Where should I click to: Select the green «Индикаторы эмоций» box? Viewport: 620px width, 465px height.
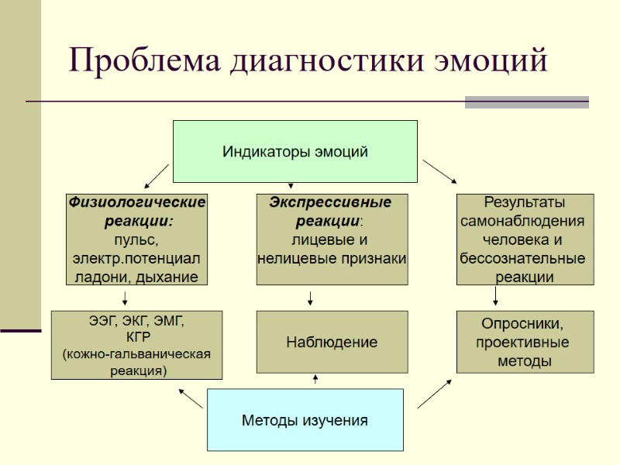pos(294,151)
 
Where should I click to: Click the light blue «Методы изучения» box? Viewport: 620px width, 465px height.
pos(305,420)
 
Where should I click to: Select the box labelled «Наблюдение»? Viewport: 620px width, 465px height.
pos(332,342)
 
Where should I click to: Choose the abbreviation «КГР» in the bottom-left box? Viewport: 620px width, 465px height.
pos(137,337)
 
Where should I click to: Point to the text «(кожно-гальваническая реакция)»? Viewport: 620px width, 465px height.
pos(136,362)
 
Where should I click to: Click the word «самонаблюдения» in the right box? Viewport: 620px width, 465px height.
pos(524,221)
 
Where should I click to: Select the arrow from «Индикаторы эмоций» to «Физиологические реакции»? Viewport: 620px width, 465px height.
pos(157,176)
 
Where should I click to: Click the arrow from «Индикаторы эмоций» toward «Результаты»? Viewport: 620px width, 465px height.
pos(439,172)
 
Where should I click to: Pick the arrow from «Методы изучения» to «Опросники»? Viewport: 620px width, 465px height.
pos(435,394)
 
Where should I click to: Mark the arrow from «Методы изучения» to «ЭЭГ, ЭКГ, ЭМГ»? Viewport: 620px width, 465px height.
pos(191,397)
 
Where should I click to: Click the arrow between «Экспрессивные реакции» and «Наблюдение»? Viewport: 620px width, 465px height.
pos(310,298)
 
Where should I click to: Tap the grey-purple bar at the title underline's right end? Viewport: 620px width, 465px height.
pos(526,102)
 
